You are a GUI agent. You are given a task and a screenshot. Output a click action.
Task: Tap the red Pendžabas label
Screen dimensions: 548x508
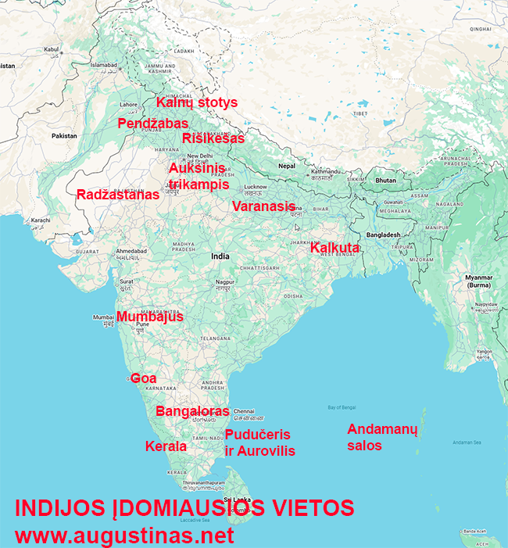click(x=153, y=124)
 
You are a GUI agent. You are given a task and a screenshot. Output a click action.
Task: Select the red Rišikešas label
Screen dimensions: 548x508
click(x=213, y=138)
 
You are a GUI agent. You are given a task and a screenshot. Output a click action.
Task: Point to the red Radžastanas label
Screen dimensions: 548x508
click(x=117, y=195)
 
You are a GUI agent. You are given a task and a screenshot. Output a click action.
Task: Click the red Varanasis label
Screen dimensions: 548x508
click(x=264, y=206)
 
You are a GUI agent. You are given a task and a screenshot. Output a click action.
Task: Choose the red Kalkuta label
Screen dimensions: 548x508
click(x=335, y=249)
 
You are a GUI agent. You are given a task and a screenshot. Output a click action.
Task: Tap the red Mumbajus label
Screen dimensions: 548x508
click(x=150, y=317)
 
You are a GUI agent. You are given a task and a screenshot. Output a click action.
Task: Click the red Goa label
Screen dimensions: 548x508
click(x=144, y=378)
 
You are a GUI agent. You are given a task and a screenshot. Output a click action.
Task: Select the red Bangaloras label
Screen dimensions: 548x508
click(x=192, y=411)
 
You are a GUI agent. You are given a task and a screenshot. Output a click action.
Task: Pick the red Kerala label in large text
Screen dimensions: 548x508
click(x=166, y=446)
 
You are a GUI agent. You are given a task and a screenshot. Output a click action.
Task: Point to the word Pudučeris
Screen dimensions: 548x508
click(x=258, y=435)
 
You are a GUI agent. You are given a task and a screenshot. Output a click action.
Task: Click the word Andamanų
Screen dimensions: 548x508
click(x=383, y=430)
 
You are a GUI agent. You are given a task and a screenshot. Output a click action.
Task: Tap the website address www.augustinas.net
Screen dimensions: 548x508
click(x=125, y=535)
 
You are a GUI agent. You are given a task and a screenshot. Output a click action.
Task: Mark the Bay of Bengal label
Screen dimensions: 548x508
click(x=342, y=408)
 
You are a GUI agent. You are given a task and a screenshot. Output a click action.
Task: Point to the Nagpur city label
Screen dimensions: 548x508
click(x=226, y=281)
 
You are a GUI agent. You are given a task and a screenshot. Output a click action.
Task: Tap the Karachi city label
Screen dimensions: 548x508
click(x=41, y=220)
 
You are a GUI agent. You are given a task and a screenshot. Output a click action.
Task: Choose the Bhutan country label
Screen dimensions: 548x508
click(x=386, y=180)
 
